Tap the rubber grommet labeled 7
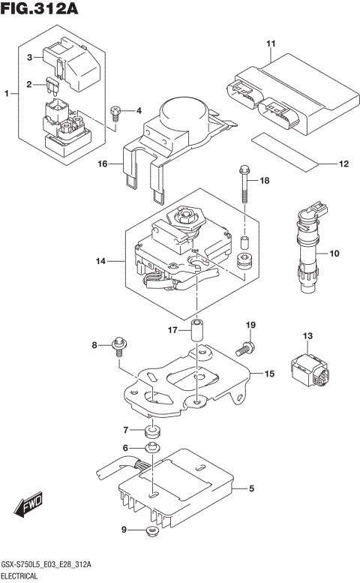[153, 432]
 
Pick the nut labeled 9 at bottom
[151, 533]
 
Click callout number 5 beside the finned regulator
[252, 488]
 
